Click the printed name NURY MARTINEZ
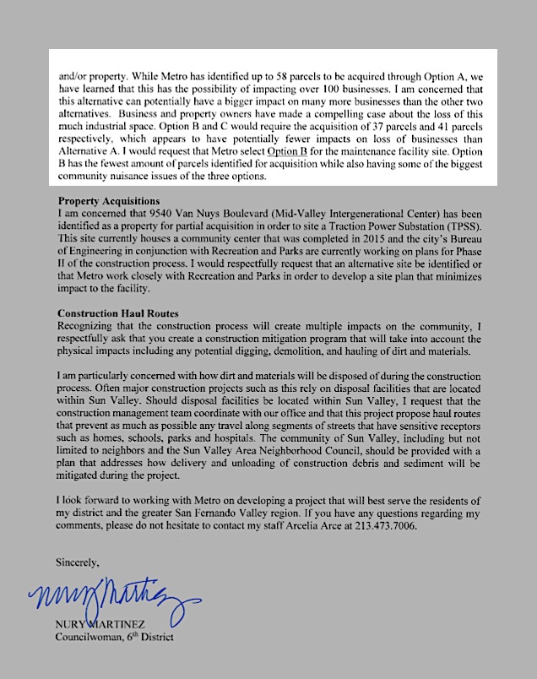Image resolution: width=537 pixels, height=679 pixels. pyautogui.click(x=110, y=625)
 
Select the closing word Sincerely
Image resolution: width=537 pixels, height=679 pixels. pyautogui.click(x=77, y=561)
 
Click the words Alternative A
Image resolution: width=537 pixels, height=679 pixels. pyautogui.click(x=89, y=150)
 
